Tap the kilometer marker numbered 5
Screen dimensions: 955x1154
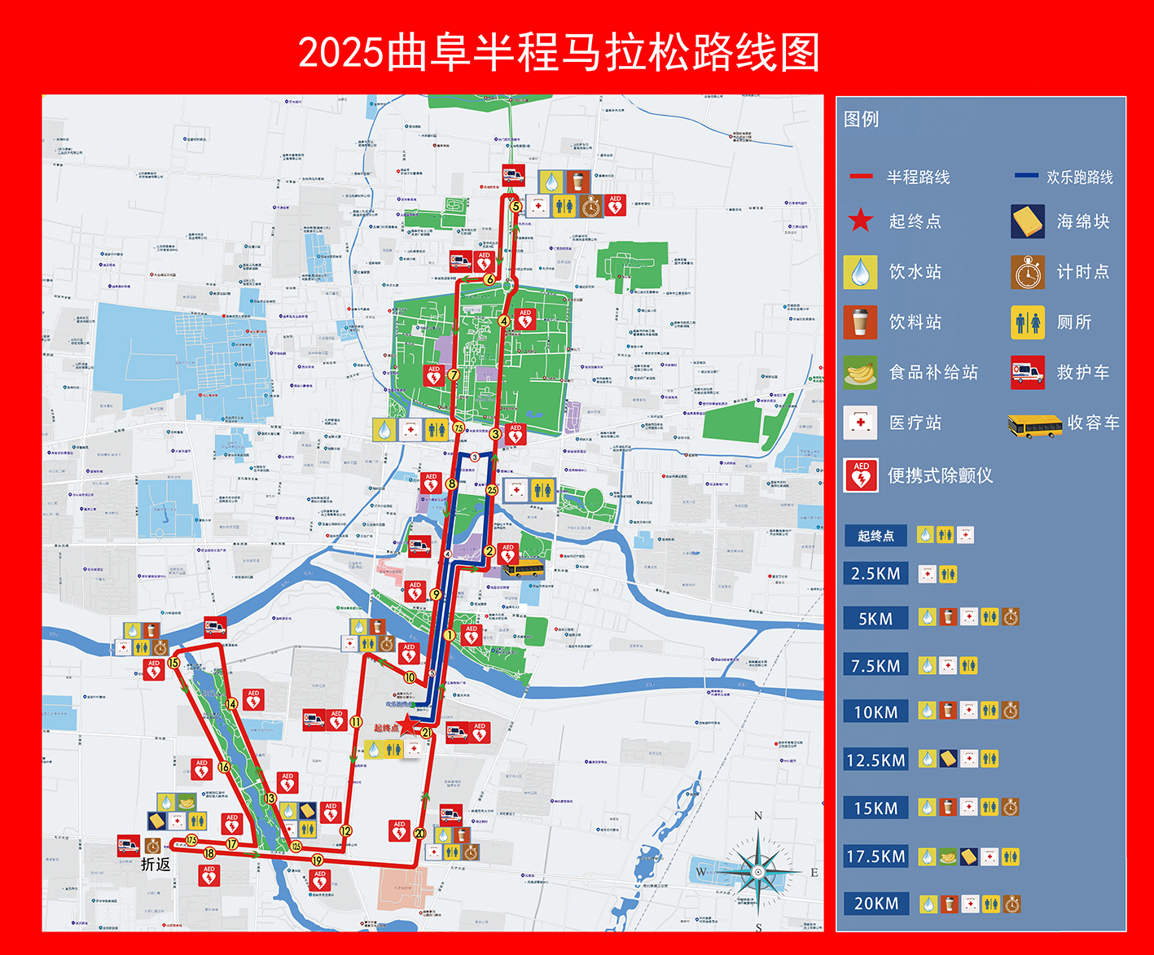pyautogui.click(x=516, y=206)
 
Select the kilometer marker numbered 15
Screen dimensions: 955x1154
pyautogui.click(x=173, y=663)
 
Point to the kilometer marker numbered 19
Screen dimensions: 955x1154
pyautogui.click(x=317, y=860)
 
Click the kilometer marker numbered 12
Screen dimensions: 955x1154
pyautogui.click(x=346, y=831)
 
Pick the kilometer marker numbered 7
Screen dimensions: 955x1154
pyautogui.click(x=454, y=375)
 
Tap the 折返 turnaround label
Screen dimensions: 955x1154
pyautogui.click(x=156, y=864)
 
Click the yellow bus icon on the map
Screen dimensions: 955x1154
pyautogui.click(x=522, y=568)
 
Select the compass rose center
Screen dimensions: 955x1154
pyautogui.click(x=758, y=872)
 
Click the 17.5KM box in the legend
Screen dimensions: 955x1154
pyautogui.click(x=875, y=856)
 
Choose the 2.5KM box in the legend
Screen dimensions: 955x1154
pyautogui.click(x=875, y=573)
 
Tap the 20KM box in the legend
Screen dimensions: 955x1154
pyautogui.click(x=875, y=903)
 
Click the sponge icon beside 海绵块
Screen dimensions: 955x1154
pyautogui.click(x=1028, y=221)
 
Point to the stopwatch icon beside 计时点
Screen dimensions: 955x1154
pyautogui.click(x=1028, y=272)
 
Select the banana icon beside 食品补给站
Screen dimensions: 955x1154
pyautogui.click(x=860, y=373)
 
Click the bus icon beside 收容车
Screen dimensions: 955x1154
pyautogui.click(x=1033, y=424)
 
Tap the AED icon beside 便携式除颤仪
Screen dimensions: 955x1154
pyautogui.click(x=861, y=475)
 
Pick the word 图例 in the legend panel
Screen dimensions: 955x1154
pyautogui.click(x=861, y=120)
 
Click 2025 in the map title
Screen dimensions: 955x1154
pyautogui.click(x=340, y=53)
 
